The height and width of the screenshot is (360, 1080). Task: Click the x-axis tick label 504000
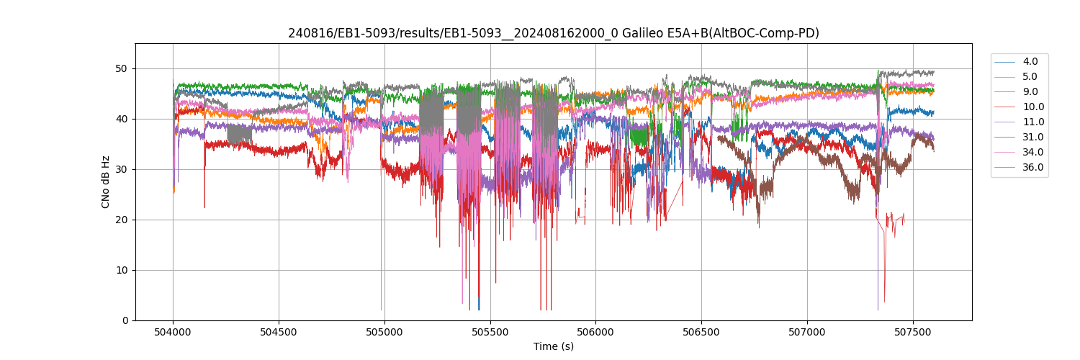click(173, 331)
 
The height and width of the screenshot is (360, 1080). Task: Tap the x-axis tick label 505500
click(490, 331)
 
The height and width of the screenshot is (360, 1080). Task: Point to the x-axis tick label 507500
click(913, 331)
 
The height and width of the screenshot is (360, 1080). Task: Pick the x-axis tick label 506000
click(595, 331)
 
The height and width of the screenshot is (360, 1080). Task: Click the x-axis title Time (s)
click(554, 346)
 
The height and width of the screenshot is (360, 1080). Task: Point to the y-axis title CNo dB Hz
click(106, 182)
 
